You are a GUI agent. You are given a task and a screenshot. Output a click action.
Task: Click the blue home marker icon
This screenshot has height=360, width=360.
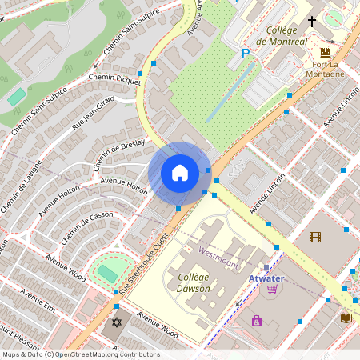click(180, 173)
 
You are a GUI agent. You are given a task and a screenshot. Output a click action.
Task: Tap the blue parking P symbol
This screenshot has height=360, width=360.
click(246, 54)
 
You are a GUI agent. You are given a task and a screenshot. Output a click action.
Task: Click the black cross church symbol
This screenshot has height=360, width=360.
click(311, 22)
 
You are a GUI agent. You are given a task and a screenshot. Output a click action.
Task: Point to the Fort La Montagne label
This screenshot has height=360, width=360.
click(325, 69)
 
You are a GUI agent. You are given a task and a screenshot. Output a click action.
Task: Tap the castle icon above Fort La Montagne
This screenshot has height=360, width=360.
click(325, 52)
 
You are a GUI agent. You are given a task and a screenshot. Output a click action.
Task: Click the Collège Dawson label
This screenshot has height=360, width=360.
click(193, 282)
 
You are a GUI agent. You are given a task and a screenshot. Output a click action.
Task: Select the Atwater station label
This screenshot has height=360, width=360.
click(266, 278)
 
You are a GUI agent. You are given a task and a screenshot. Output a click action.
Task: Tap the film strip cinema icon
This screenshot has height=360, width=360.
click(315, 237)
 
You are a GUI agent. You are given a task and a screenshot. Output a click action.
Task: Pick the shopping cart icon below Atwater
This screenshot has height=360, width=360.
click(273, 289)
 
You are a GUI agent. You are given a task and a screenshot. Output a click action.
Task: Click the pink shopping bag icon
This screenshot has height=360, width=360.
click(257, 322)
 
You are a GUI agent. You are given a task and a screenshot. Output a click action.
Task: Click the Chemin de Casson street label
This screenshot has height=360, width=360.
click(86, 229)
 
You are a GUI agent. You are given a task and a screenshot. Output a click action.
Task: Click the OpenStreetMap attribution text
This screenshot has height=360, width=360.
click(80, 354)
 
